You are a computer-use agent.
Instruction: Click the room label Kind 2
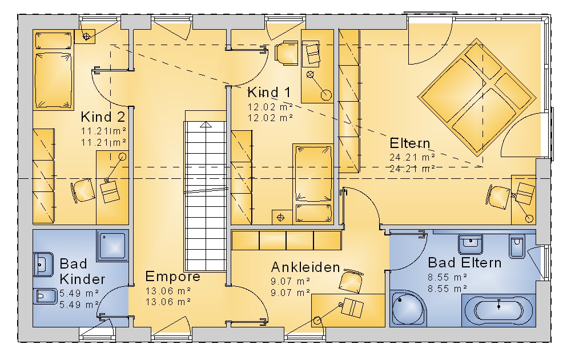[103, 117]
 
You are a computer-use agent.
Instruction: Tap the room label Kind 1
[269, 92]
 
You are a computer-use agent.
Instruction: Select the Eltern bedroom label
[409, 143]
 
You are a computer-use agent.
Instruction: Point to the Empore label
[172, 277]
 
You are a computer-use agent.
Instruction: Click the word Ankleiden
[305, 267]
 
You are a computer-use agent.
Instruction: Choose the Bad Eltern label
[464, 262]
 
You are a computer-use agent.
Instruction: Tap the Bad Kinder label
[82, 271]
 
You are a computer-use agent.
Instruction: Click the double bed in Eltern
[477, 97]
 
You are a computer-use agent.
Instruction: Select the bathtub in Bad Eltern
[498, 310]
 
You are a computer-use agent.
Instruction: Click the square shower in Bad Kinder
[112, 246]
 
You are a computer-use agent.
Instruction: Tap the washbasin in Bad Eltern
[471, 244]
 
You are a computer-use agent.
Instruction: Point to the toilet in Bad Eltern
[517, 247]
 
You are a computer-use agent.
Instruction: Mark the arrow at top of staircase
[206, 125]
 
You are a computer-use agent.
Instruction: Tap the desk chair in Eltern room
[497, 197]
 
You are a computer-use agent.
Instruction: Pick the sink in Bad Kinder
[43, 264]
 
